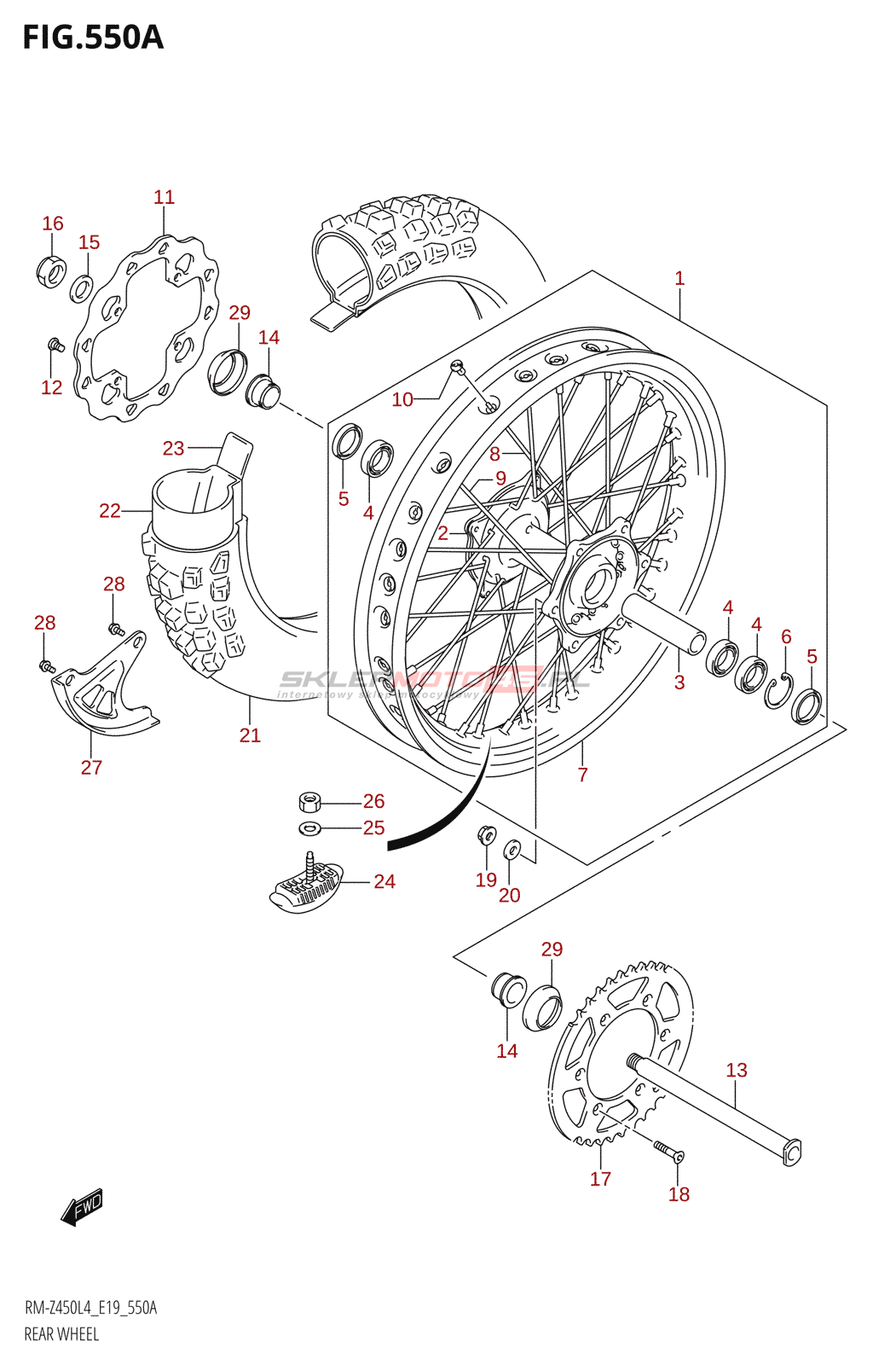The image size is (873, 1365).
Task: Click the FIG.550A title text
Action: click(x=92, y=38)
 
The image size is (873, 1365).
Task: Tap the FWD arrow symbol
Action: click(x=83, y=1207)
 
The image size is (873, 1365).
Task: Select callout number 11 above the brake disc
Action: click(x=164, y=197)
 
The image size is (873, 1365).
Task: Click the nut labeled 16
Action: click(x=51, y=271)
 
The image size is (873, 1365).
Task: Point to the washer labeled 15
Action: click(x=81, y=288)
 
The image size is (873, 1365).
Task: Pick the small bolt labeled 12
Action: click(x=55, y=346)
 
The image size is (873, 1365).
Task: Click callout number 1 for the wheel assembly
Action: click(x=679, y=278)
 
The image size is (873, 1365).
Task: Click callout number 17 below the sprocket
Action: click(x=600, y=1178)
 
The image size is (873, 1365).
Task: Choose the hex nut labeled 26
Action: click(x=309, y=802)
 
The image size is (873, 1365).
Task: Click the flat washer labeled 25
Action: click(x=309, y=828)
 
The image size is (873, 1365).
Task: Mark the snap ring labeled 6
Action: click(x=778, y=689)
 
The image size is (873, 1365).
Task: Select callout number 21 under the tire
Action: click(x=250, y=735)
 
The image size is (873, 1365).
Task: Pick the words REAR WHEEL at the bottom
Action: click(x=61, y=1334)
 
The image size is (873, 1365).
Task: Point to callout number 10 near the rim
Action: click(x=402, y=399)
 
